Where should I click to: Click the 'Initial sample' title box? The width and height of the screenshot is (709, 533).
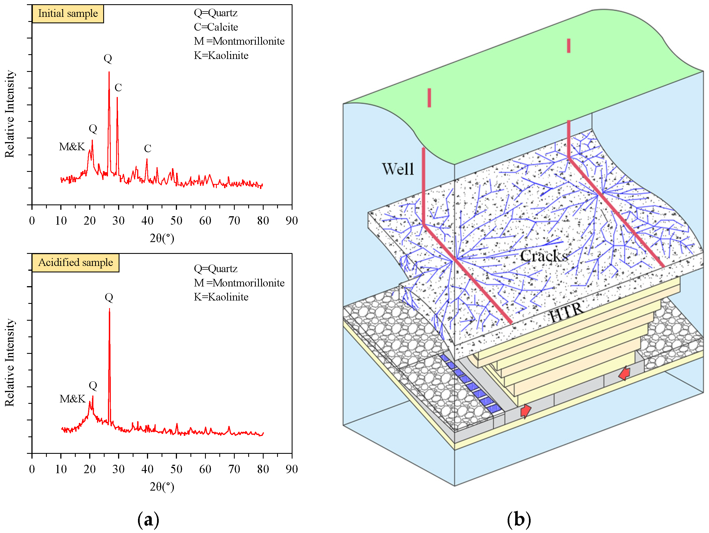(x=68, y=13)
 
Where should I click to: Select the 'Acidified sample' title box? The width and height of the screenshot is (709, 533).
(x=75, y=263)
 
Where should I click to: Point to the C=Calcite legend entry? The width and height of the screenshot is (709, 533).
(x=216, y=27)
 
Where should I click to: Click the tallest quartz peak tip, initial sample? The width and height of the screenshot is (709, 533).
(x=109, y=72)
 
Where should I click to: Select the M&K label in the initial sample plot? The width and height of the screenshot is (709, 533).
(x=72, y=147)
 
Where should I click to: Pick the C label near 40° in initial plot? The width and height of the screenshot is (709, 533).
(x=148, y=148)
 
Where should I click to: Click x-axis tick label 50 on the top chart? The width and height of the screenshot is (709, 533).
(x=176, y=221)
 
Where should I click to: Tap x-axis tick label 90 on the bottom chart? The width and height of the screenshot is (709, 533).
(x=292, y=469)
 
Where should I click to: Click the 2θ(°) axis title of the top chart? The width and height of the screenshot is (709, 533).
(x=162, y=238)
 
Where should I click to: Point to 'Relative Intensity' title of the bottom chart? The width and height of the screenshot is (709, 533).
(x=10, y=363)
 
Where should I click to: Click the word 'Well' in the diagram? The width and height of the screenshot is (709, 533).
(x=397, y=169)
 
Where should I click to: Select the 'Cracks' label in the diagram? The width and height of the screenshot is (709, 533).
(x=544, y=256)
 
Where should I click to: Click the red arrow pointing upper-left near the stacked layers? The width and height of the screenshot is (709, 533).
(x=624, y=373)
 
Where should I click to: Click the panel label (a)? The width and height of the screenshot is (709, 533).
(x=148, y=519)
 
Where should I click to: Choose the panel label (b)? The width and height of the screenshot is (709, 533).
(x=519, y=519)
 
